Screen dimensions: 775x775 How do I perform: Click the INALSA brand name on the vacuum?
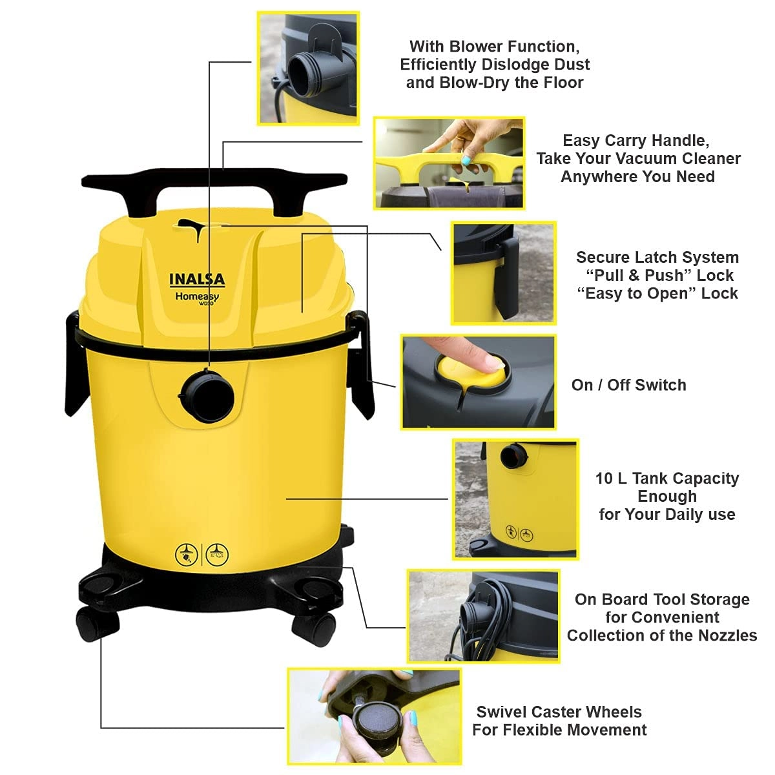point(197,280)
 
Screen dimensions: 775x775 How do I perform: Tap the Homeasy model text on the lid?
point(196,296)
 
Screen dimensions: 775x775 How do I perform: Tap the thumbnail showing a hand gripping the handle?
point(449,163)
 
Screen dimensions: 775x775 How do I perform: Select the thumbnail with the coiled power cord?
point(483,616)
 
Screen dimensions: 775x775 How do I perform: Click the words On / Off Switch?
point(628,385)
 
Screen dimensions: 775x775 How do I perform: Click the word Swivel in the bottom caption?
point(501,712)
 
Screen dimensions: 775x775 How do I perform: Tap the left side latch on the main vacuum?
point(74,365)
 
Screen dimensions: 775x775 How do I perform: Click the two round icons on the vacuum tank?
point(202,553)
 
